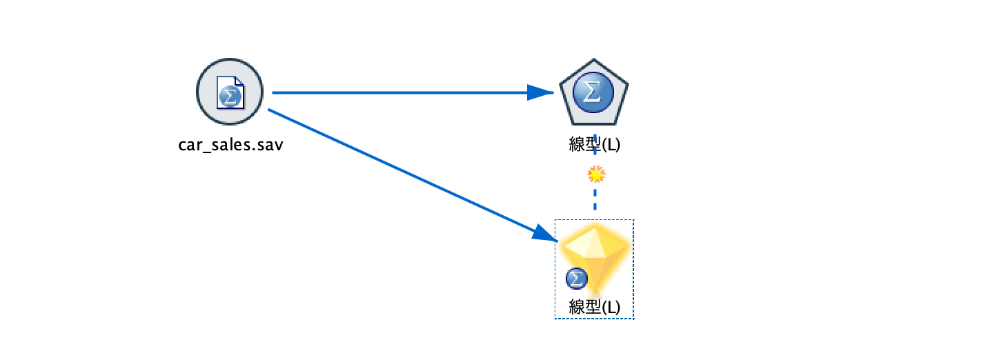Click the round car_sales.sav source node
point(230,92)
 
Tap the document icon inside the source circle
point(230,92)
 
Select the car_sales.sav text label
point(230,145)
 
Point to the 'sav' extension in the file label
point(270,145)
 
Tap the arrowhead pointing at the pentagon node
point(540,92)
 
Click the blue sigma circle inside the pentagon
point(593,92)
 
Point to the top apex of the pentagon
point(594,59)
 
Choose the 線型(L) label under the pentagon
point(595,144)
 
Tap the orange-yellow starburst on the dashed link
point(596,174)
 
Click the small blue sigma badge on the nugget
point(577,279)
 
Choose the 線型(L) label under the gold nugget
point(595,307)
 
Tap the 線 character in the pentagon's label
point(577,144)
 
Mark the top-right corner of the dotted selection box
point(634,219)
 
